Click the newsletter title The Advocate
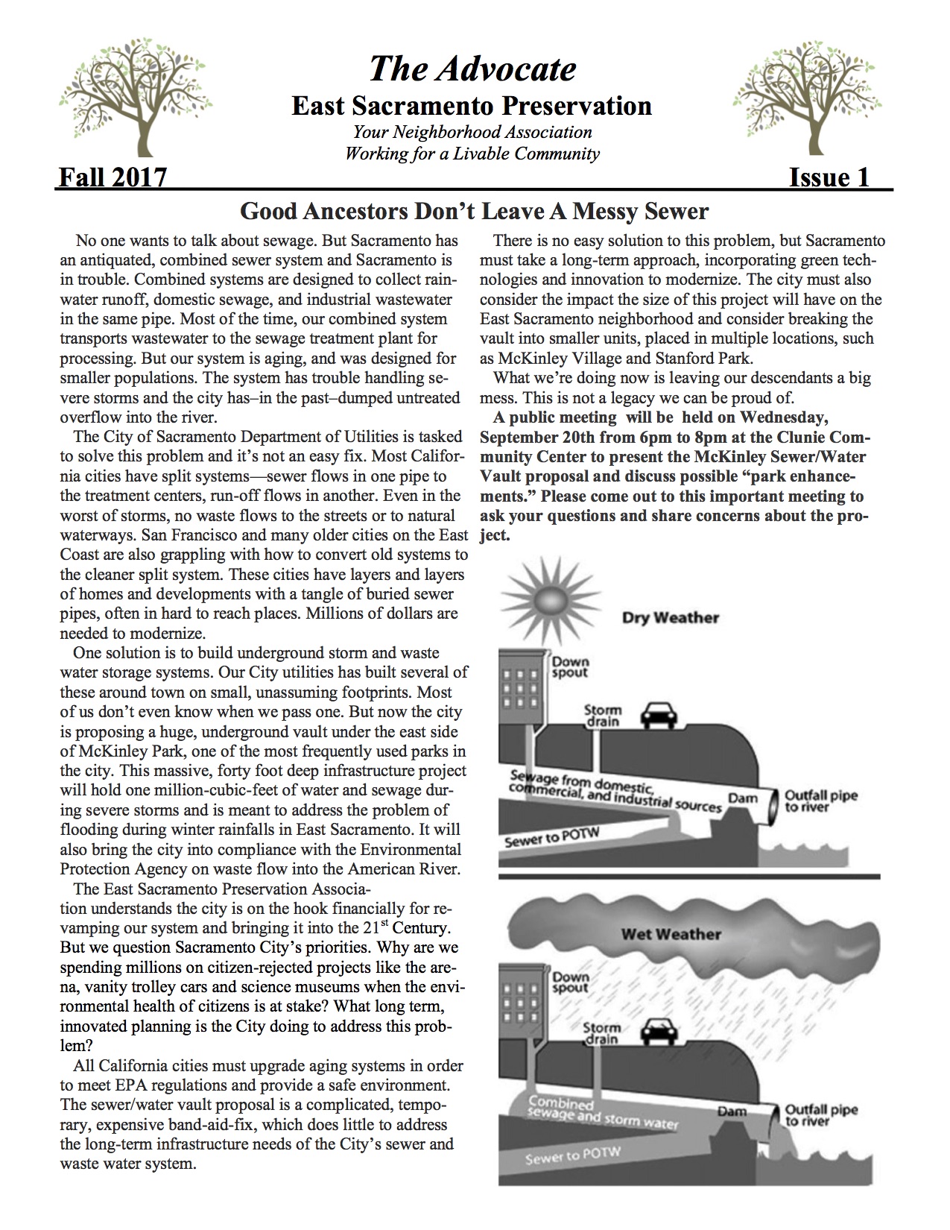click(472, 69)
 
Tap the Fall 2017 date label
click(113, 177)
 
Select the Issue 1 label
click(829, 177)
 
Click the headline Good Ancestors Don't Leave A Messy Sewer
click(474, 212)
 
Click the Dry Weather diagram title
click(671, 618)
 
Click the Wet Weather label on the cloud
click(671, 934)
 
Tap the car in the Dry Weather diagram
click(659, 716)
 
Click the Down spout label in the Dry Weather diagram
click(569, 667)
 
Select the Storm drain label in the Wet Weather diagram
click(601, 1032)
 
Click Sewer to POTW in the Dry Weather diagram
click(542, 839)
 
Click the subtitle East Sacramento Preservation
click(472, 106)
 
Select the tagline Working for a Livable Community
click(472, 154)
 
